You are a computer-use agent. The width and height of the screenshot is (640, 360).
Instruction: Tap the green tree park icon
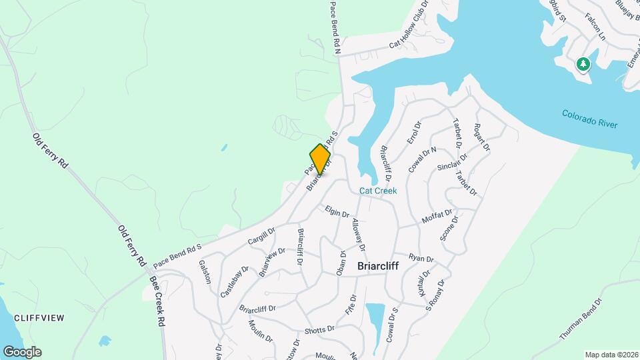coord(583,64)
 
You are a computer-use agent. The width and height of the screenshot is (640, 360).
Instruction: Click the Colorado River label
coord(589,119)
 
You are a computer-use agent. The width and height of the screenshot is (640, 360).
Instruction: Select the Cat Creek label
coord(378,191)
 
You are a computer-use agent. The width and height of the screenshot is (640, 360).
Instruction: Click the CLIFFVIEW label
coord(39,318)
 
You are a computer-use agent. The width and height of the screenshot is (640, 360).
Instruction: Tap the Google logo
coord(22,352)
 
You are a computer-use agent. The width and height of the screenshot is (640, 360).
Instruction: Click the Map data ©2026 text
coord(611,355)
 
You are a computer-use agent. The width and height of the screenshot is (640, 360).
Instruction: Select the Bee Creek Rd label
coord(157,301)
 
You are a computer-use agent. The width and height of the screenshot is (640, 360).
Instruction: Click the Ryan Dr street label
coord(421,257)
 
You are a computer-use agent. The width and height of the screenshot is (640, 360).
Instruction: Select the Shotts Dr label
coord(319,329)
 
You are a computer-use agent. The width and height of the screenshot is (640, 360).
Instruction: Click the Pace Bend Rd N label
coord(335,27)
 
